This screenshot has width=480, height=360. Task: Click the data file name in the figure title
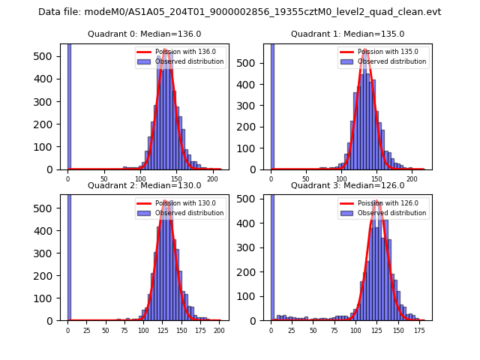(239, 12)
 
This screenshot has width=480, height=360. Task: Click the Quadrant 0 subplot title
(144, 34)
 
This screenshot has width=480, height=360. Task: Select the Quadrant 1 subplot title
(347, 34)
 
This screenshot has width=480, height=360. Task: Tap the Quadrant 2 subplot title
(144, 185)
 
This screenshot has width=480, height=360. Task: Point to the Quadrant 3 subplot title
(347, 185)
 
